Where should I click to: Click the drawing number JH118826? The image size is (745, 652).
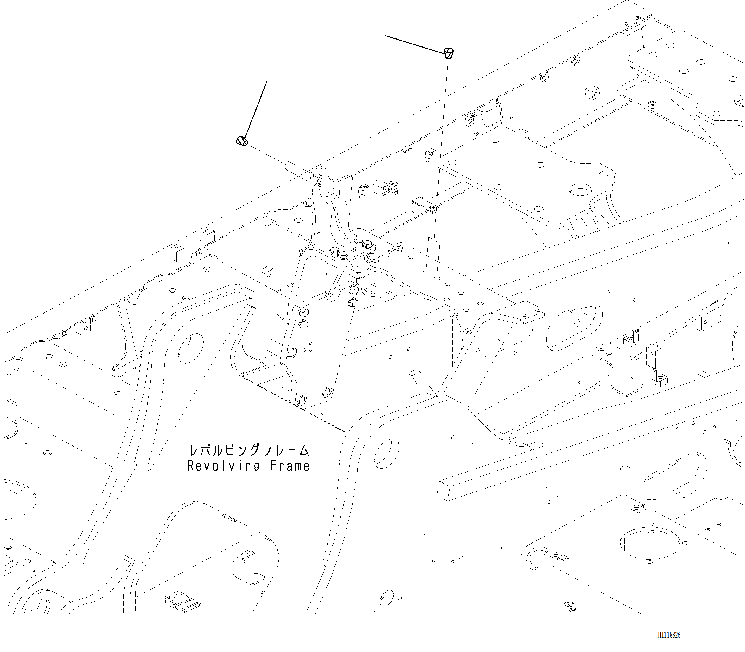pos(669,635)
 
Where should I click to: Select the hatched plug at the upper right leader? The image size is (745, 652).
pos(449,53)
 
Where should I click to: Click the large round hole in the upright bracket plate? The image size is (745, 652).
pos(332,196)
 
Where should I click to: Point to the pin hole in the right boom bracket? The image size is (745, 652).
pos(387,453)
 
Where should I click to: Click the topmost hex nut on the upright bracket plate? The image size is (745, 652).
pos(318,178)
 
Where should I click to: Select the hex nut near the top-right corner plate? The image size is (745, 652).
pos(652,105)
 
